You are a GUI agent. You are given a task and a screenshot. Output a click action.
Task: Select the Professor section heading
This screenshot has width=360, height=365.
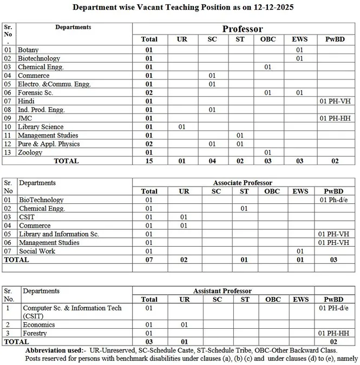(x=243, y=29)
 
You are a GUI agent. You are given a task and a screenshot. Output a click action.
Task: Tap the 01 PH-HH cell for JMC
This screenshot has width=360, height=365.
(x=336, y=118)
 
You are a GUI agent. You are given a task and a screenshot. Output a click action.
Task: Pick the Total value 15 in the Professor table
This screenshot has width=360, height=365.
(x=149, y=161)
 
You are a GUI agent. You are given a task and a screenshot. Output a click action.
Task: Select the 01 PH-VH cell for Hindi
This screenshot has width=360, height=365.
(x=336, y=101)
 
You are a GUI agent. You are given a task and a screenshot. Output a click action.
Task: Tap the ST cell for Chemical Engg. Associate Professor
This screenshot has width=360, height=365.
(x=244, y=208)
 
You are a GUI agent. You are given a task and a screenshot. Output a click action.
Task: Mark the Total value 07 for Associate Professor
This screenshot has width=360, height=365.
(x=149, y=260)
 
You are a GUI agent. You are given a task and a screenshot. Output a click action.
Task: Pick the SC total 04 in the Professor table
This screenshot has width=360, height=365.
(x=212, y=161)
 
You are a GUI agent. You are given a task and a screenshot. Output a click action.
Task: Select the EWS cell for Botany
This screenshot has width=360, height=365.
(x=299, y=50)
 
